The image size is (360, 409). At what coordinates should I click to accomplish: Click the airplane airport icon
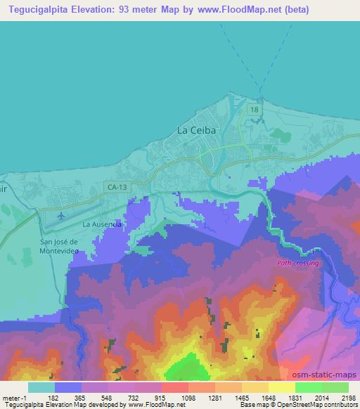[61, 215]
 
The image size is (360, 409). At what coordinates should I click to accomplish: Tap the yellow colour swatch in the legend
[281, 387]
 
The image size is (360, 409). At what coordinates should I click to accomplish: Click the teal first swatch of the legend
[41, 387]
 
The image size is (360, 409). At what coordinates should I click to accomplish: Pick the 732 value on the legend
[134, 398]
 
